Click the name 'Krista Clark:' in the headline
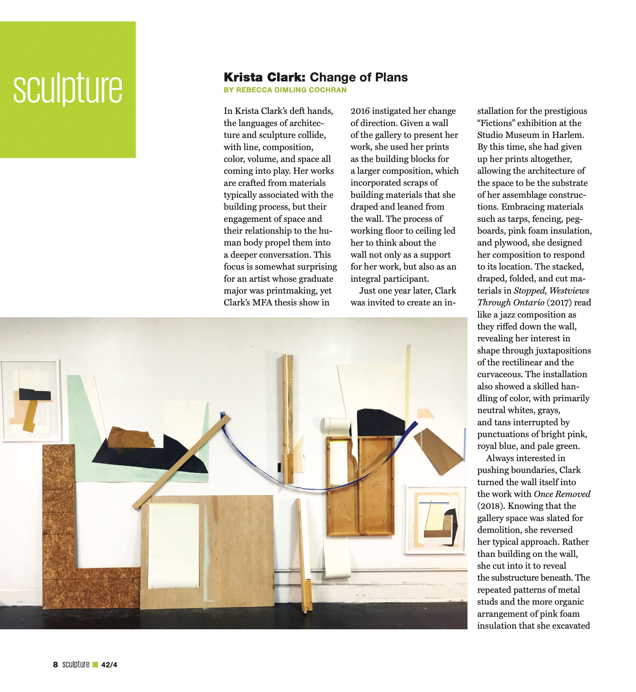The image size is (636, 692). pyautogui.click(x=264, y=77)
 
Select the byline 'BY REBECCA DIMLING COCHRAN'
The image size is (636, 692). pyautogui.click(x=285, y=90)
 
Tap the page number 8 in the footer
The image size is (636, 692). pyautogui.click(x=56, y=665)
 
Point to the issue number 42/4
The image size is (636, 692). pyautogui.click(x=109, y=665)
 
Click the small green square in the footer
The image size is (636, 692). pyautogui.click(x=95, y=665)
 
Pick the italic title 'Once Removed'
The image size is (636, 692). pyautogui.click(x=562, y=494)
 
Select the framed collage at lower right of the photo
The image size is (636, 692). pyautogui.click(x=436, y=520)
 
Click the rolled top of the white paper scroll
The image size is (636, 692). pyautogui.click(x=335, y=426)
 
